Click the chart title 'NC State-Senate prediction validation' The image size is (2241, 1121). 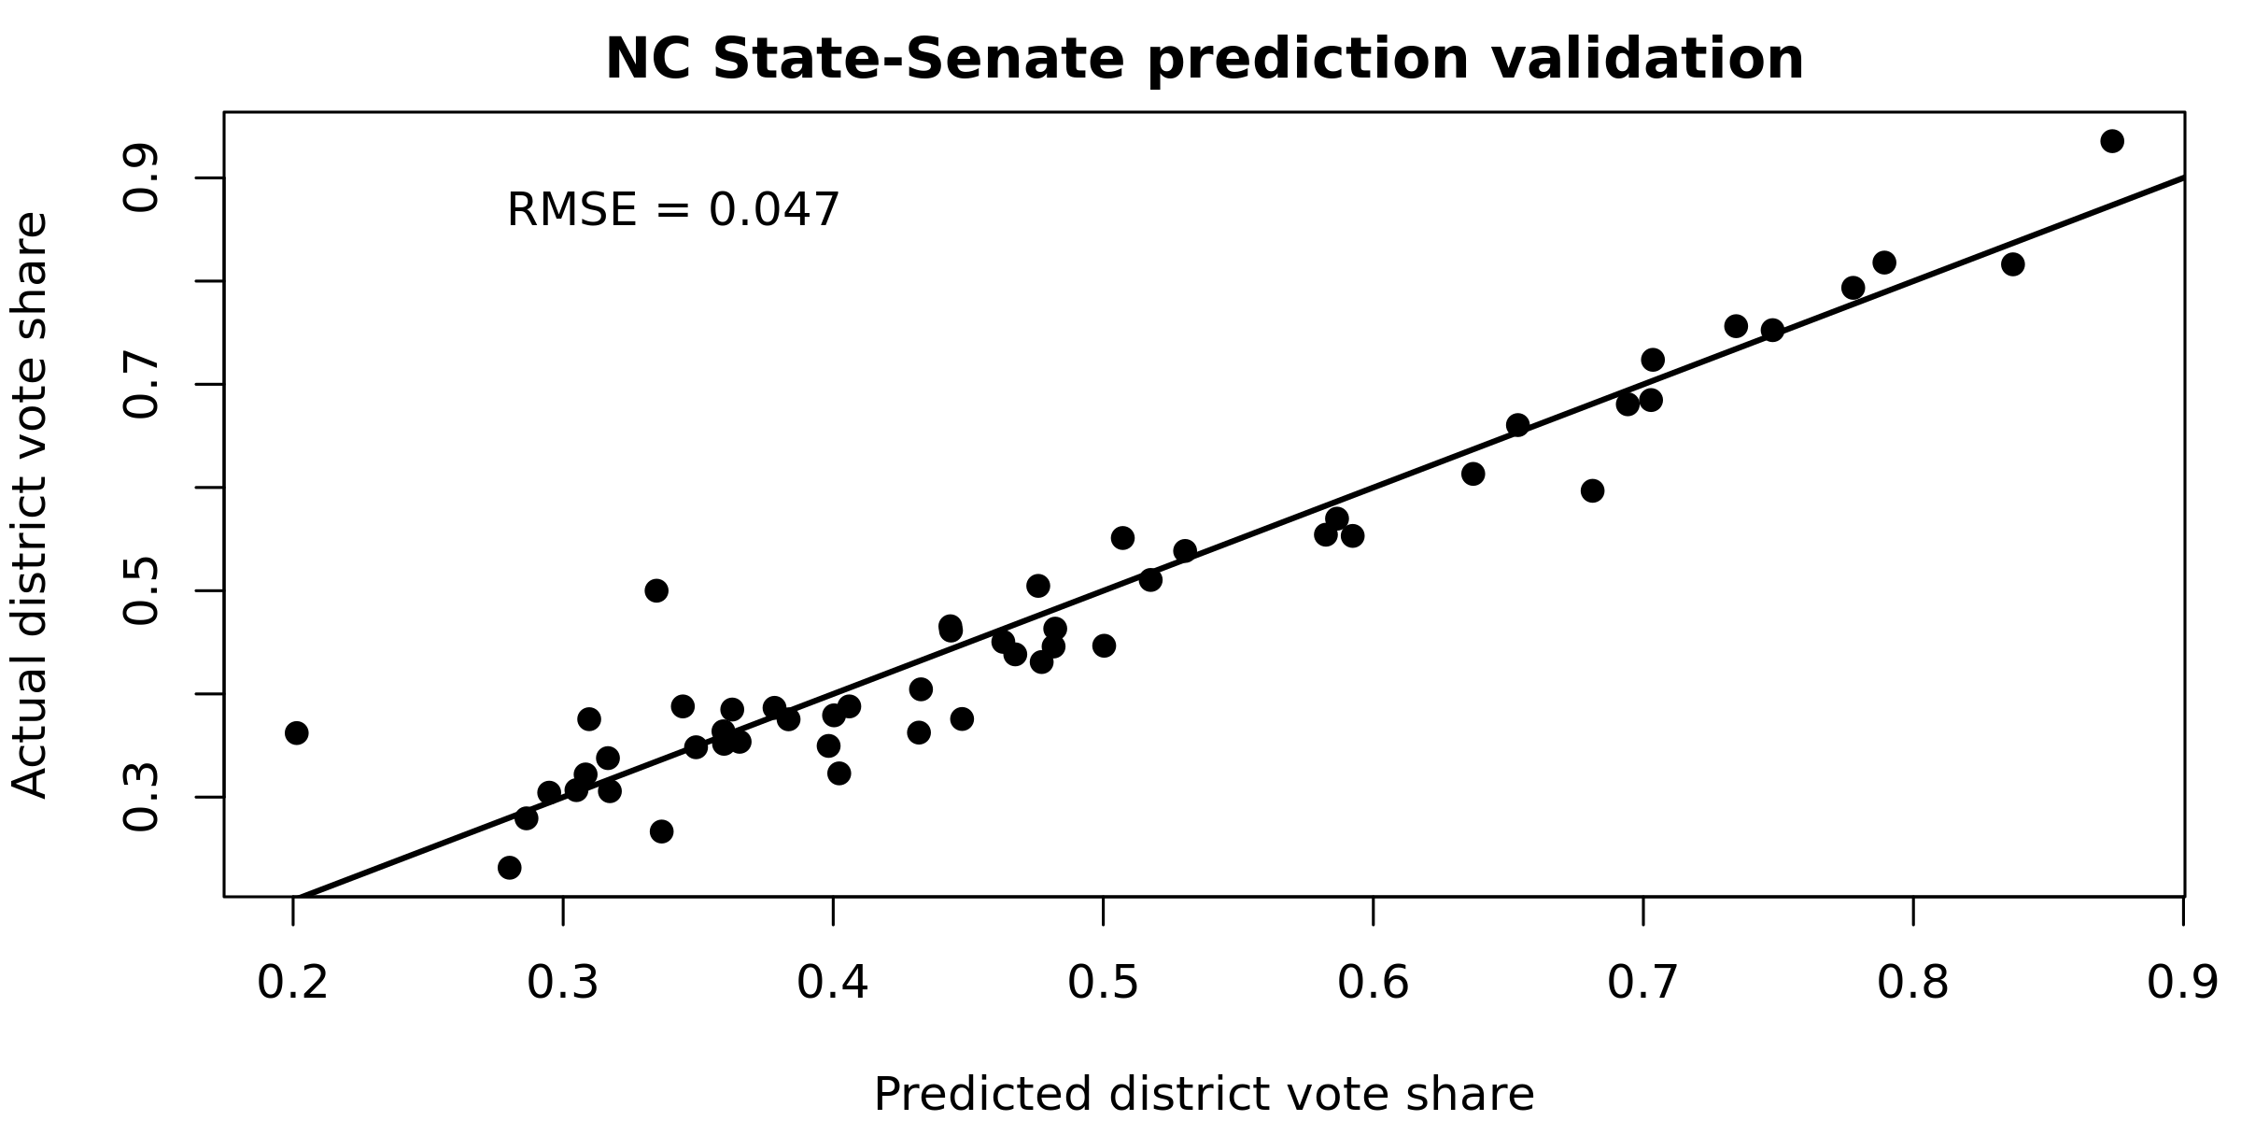1204,61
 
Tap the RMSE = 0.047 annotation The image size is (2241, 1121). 672,210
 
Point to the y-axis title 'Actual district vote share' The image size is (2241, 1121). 30,505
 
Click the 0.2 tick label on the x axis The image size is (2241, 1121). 293,984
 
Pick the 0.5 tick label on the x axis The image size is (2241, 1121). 1103,984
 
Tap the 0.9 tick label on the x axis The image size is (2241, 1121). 2182,984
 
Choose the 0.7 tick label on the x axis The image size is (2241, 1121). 1642,984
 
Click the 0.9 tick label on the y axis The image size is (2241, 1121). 142,177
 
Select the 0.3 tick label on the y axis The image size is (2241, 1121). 142,797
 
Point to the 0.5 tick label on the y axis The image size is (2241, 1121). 142,590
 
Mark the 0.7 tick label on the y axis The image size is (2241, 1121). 142,384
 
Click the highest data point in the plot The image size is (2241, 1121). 2112,141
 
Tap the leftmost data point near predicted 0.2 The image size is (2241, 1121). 297,732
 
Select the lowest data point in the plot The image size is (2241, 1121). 509,868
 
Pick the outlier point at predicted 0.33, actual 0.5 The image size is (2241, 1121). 656,590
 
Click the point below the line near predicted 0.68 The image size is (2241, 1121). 1592,490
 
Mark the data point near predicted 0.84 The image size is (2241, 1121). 2012,264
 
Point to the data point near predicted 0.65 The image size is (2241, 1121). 1517,425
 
